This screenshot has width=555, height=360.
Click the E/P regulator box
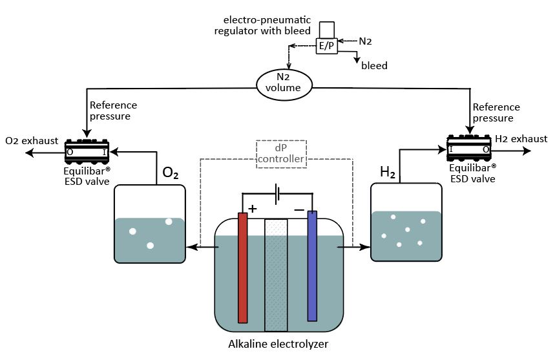(x=326, y=47)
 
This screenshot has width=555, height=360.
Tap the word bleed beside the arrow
(x=373, y=66)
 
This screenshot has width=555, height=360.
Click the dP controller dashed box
(x=280, y=154)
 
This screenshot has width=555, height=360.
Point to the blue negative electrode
(x=312, y=266)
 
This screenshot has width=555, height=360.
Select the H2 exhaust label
(x=521, y=139)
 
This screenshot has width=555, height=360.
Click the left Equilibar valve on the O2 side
(x=88, y=152)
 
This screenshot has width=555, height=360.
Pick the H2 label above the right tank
(x=388, y=172)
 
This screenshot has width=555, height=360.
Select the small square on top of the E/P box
(x=326, y=29)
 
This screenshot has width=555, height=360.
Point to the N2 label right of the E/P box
(x=365, y=41)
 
